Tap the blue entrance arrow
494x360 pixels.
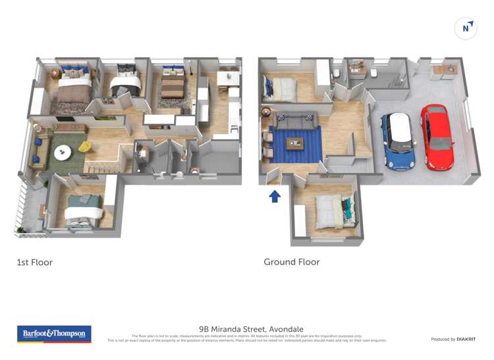[275, 195]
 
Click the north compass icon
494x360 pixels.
[466, 28]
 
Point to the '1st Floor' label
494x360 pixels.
[34, 262]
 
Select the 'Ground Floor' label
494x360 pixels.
[292, 262]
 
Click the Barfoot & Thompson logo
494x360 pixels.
[53, 334]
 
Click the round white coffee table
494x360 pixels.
[63, 151]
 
